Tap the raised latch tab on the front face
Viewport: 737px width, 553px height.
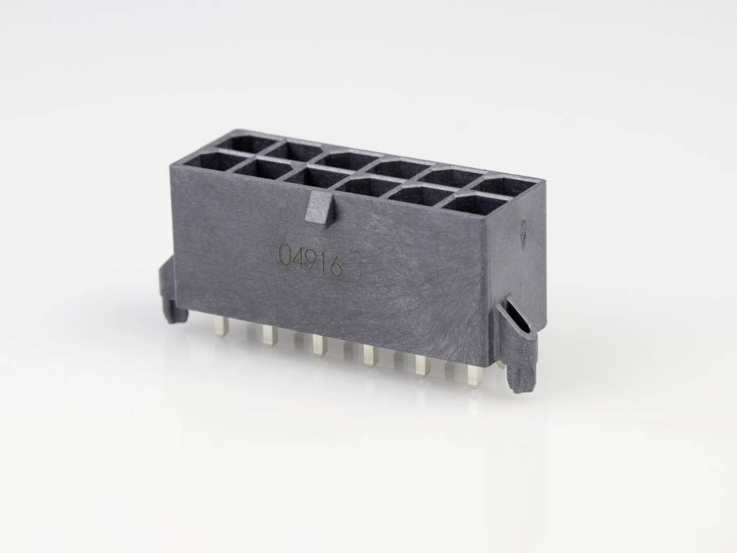[319, 211]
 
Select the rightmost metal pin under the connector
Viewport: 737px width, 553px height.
[474, 375]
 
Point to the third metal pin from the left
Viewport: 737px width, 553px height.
[317, 346]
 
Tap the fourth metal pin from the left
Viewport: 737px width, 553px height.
[369, 355]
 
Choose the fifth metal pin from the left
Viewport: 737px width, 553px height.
[421, 364]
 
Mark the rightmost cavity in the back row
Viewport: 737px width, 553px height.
[509, 186]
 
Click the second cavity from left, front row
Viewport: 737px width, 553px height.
[262, 168]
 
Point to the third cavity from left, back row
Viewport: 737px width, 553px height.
[349, 160]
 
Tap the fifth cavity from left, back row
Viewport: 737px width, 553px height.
[451, 176]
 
